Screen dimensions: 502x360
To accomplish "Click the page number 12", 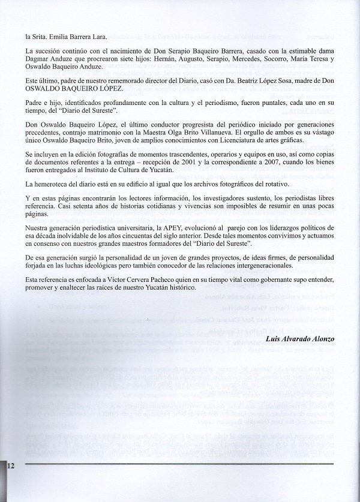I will [x=11, y=465].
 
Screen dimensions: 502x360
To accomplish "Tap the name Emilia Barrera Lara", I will [x=74, y=37].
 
